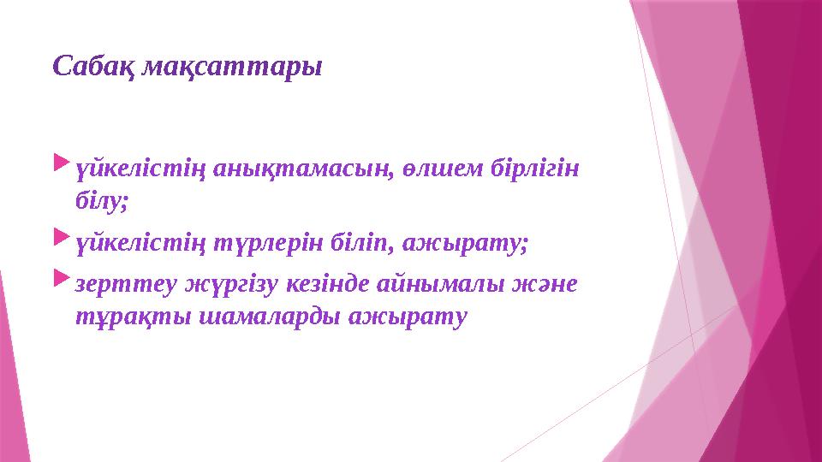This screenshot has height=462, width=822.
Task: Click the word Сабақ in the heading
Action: (89, 66)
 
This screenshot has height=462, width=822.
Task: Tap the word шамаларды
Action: (247, 316)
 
